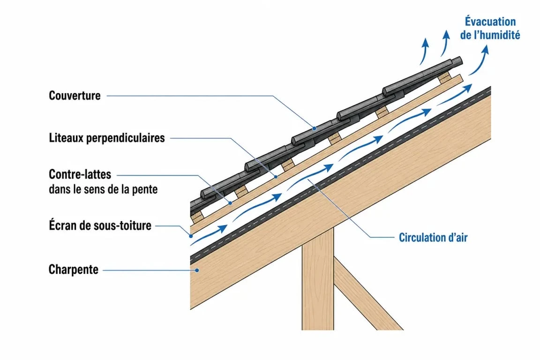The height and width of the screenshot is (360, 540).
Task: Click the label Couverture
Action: click(x=75, y=96)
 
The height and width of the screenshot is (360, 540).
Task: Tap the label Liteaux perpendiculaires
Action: click(x=107, y=138)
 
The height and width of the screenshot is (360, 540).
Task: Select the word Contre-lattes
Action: click(x=80, y=174)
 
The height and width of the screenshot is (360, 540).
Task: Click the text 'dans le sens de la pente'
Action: click(x=103, y=189)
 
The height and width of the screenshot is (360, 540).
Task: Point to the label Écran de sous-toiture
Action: click(x=100, y=225)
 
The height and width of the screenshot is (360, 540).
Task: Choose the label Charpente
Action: click(x=73, y=270)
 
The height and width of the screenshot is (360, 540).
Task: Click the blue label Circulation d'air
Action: click(x=433, y=237)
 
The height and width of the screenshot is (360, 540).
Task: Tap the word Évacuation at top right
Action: click(x=490, y=22)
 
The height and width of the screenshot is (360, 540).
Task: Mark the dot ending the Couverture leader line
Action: click(x=315, y=128)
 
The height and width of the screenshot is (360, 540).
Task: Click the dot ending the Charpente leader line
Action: click(x=197, y=270)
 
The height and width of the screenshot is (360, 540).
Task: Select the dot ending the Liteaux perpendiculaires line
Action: click(x=276, y=177)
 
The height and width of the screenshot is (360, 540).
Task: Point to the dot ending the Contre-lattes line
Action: click(x=231, y=203)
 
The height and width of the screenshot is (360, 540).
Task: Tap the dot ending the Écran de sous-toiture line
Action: click(x=191, y=236)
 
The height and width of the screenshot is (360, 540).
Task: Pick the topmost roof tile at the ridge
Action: click(x=423, y=76)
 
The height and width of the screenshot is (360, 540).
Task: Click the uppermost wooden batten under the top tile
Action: click(x=444, y=78)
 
